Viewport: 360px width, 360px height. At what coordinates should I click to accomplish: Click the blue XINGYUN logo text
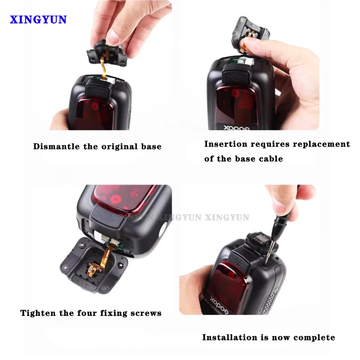pyautogui.click(x=38, y=19)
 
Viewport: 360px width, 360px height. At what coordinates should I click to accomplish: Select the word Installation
pyautogui.click(x=229, y=337)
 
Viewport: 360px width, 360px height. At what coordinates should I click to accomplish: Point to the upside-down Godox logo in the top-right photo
pyautogui.click(x=237, y=128)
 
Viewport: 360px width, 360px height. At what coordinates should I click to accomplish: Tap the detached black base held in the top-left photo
pyautogui.click(x=106, y=54)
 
